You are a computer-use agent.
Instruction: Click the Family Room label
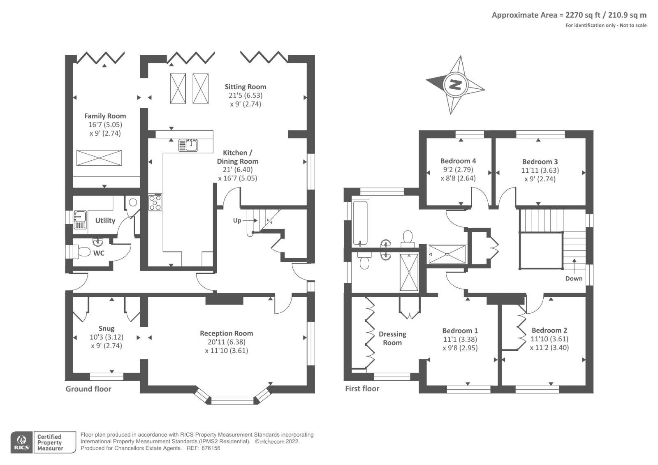(105, 116)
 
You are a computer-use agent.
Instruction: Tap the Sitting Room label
(246, 87)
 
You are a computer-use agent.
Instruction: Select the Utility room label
(105, 221)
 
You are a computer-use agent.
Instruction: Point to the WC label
(99, 253)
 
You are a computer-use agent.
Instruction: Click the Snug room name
(107, 329)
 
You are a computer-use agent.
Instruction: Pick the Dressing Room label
(392, 338)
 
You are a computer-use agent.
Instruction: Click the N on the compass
(455, 85)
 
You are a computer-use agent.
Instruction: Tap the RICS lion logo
(22, 442)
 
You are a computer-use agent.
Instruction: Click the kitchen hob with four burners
(155, 202)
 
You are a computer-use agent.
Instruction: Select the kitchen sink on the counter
(188, 146)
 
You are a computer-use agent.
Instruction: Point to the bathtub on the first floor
(360, 223)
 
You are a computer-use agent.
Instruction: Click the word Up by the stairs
(237, 220)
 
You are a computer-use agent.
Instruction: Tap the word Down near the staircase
(574, 278)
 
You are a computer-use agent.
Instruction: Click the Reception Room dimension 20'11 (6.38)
(227, 342)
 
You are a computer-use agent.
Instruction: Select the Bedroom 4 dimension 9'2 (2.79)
(458, 169)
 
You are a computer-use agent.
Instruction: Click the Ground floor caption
(88, 389)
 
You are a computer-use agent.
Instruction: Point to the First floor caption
(362, 389)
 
